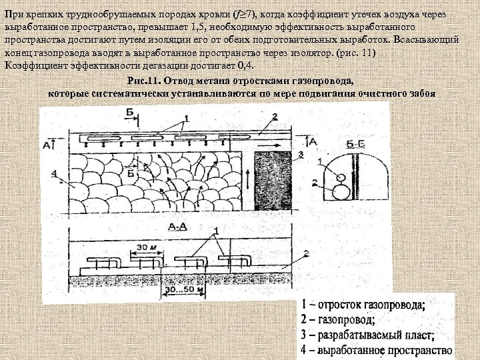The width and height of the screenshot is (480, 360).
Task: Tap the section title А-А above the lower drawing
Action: (x=177, y=227)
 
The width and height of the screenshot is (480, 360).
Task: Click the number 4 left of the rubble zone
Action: (x=53, y=175)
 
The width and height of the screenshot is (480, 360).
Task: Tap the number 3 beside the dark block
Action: (x=301, y=155)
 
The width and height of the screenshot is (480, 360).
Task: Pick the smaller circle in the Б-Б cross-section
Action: (x=341, y=178)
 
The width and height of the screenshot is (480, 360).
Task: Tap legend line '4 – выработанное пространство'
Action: (x=376, y=349)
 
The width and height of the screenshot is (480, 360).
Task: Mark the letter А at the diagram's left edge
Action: (x=45, y=143)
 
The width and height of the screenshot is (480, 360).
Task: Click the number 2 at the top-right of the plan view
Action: (x=274, y=118)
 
